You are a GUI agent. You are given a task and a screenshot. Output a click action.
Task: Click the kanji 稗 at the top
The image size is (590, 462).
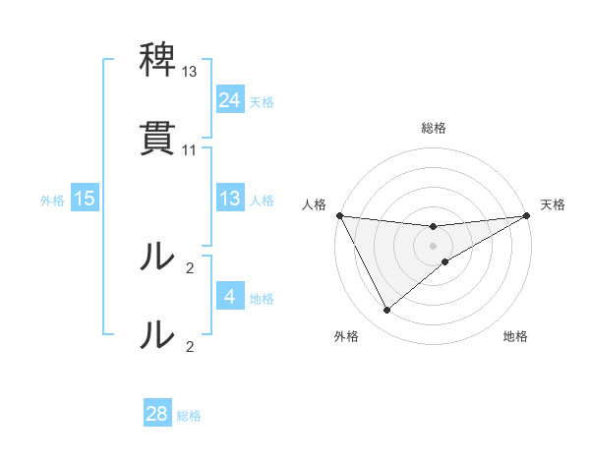(157, 62)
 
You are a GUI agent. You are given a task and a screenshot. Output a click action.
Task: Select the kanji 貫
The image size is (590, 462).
(157, 139)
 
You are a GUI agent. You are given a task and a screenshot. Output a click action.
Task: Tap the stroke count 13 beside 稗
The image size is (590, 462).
(190, 73)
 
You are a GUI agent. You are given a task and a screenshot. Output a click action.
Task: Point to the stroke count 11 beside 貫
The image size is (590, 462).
(190, 149)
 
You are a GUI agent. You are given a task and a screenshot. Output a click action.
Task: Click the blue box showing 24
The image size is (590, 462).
(230, 100)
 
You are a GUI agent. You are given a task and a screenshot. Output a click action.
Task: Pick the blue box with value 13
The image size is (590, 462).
(230, 199)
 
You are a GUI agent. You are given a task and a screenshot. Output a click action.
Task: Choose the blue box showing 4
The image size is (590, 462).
(230, 296)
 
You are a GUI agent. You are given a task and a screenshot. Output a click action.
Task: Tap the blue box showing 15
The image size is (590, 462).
(85, 199)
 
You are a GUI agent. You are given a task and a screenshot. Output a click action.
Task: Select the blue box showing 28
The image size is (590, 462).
(157, 414)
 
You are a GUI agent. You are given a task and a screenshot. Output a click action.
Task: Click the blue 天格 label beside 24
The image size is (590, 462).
(262, 101)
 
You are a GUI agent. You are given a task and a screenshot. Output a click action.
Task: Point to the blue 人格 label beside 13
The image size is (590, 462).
(262, 200)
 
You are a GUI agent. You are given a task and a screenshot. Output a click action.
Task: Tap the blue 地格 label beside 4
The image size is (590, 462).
(262, 297)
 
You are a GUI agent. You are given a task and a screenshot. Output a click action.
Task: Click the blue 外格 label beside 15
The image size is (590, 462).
(52, 200)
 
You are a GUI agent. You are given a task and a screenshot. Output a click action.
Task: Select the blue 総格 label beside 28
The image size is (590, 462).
(189, 415)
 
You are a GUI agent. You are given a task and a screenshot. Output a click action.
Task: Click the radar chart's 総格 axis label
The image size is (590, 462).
(434, 128)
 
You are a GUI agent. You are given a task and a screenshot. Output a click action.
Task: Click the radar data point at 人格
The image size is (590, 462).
(340, 215)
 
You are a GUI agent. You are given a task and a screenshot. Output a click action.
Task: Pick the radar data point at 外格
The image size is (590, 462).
(386, 311)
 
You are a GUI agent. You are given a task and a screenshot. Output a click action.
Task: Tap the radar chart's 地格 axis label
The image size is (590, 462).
(515, 337)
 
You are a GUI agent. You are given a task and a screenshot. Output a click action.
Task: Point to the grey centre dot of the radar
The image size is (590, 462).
(434, 246)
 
